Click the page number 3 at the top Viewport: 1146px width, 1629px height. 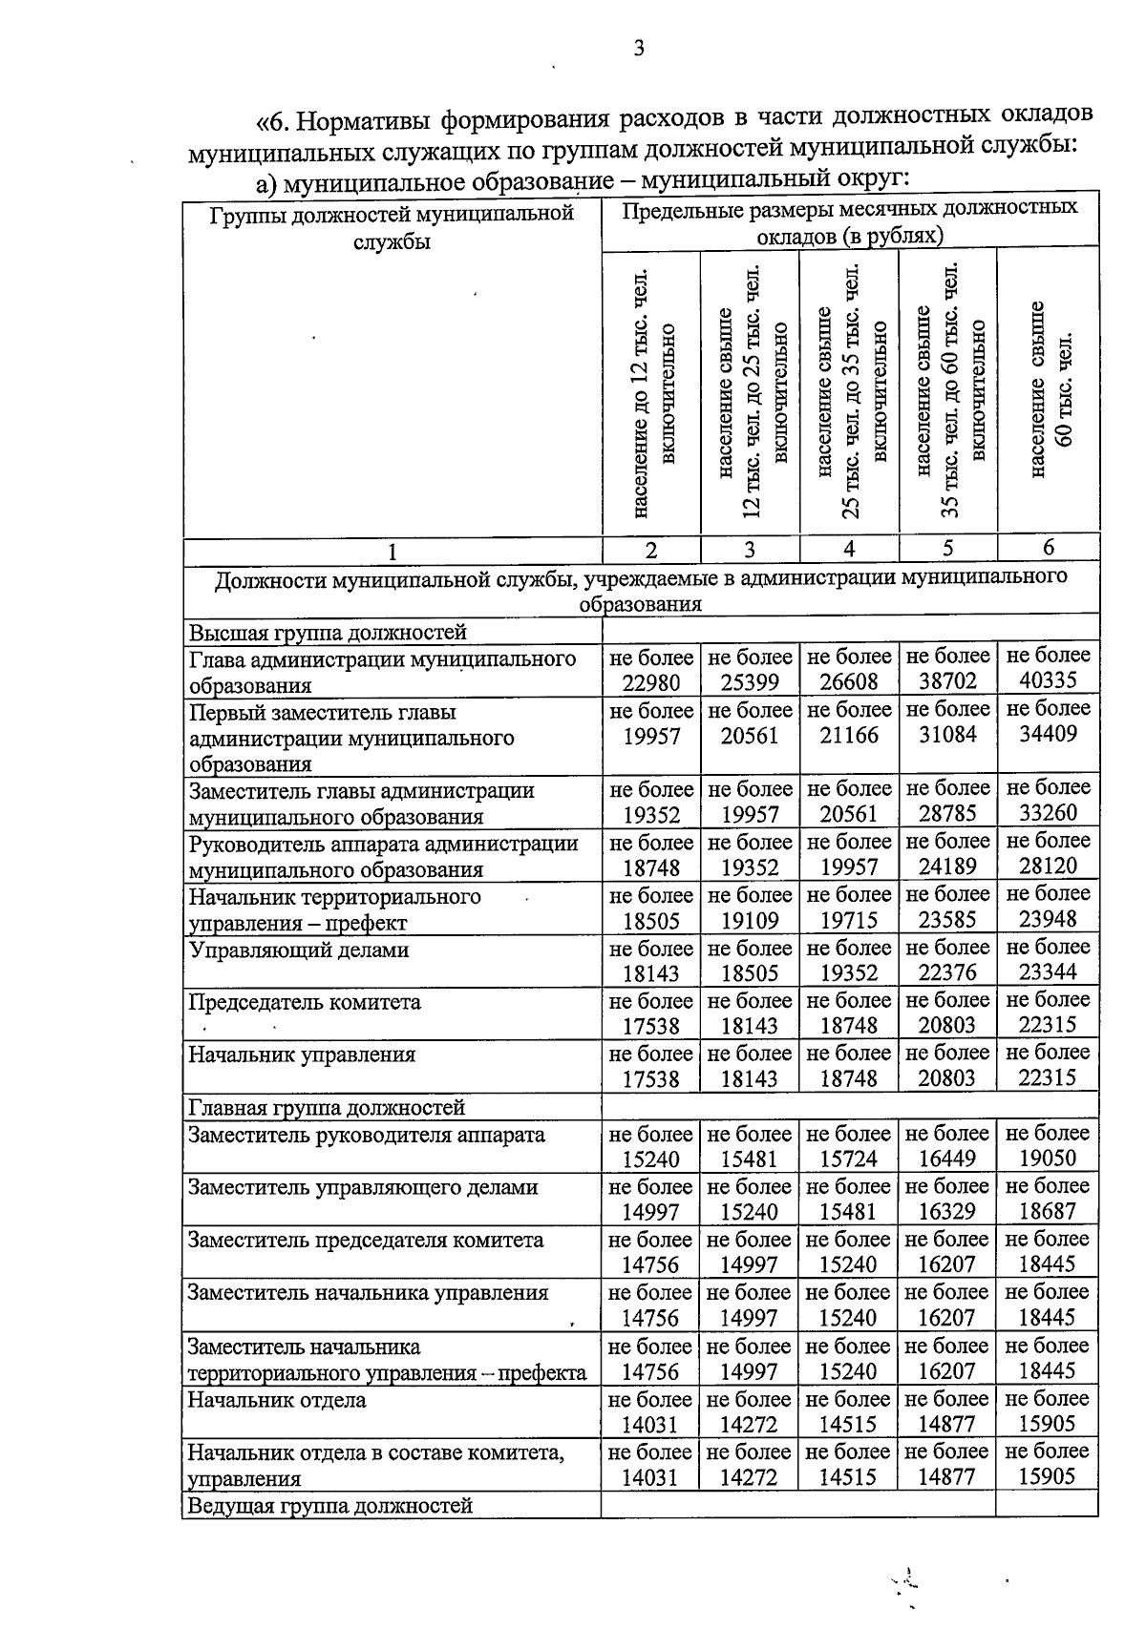click(638, 49)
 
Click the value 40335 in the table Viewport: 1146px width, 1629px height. click(1048, 680)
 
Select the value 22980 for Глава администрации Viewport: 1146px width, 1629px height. click(651, 682)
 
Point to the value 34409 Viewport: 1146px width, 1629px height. click(1048, 734)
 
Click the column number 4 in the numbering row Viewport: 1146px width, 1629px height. click(849, 548)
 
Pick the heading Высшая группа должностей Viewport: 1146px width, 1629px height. click(328, 632)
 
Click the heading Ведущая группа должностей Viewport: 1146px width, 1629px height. click(330, 1505)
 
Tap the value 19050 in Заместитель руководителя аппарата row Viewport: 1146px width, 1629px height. click(1048, 1159)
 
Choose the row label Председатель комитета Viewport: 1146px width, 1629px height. click(304, 1002)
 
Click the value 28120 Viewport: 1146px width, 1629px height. click(1048, 866)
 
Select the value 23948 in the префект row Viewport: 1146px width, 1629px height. click(1048, 919)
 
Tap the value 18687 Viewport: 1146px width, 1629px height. click(1048, 1211)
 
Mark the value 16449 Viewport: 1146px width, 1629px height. click(946, 1159)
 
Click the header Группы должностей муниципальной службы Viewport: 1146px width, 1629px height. click(392, 226)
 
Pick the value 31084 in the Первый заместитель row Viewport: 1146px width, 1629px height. click(946, 735)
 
